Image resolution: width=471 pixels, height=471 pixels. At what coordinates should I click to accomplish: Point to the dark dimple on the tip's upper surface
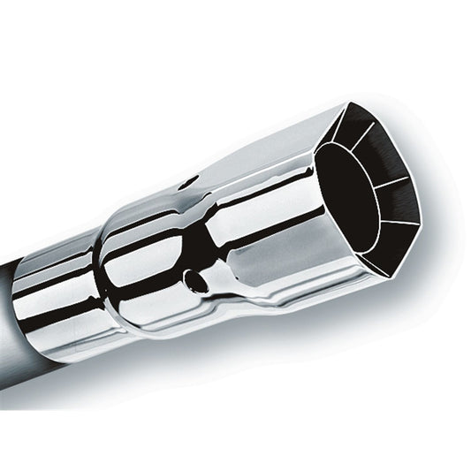point(188,184)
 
